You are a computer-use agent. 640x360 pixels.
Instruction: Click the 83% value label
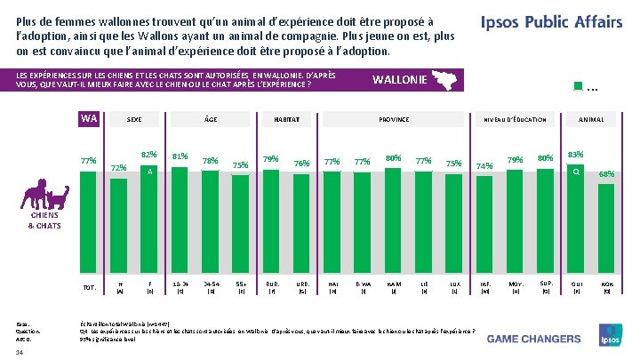coord(575,154)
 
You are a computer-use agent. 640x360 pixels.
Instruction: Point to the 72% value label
coord(119,167)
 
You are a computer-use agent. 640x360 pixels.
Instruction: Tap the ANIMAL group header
coord(590,119)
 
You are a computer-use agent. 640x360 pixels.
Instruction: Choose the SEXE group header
coord(134,119)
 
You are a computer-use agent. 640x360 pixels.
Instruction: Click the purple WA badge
coord(88,119)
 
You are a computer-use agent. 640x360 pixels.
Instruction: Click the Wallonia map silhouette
coord(442,81)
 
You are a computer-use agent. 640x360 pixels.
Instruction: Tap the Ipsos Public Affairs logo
coord(551,22)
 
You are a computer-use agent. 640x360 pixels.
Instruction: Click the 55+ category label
coord(240,285)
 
